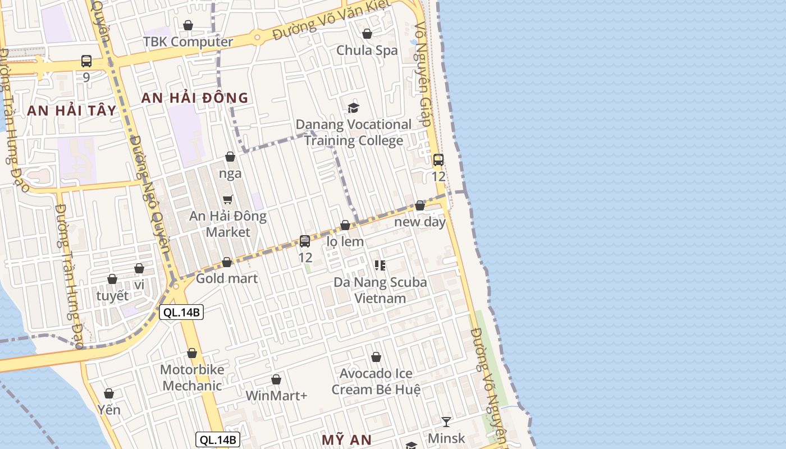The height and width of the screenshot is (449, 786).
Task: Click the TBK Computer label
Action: (188, 42)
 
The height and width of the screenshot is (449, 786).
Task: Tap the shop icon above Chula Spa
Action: (367, 34)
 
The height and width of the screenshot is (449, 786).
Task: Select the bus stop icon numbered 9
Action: (86, 61)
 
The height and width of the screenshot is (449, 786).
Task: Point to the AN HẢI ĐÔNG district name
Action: (194, 98)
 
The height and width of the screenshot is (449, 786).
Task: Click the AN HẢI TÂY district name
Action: (71, 110)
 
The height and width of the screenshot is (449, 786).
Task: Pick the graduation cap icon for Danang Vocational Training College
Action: (353, 108)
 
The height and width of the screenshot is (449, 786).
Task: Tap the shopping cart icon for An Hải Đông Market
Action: (228, 200)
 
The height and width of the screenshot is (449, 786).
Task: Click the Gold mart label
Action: (227, 278)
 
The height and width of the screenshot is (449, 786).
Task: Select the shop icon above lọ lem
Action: (345, 225)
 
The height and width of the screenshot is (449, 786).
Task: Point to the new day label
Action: (420, 222)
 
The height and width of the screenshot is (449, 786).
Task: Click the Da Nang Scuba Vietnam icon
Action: (380, 265)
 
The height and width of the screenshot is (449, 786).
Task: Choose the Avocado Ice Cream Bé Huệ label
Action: (376, 381)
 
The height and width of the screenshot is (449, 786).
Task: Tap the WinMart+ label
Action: (276, 396)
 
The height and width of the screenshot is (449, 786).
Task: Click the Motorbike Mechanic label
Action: (192, 378)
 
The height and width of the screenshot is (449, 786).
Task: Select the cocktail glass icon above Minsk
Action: (446, 421)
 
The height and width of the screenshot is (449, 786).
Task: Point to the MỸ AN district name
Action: (346, 439)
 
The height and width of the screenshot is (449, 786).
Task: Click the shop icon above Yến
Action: (109, 393)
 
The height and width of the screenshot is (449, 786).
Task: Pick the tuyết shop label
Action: (112, 296)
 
